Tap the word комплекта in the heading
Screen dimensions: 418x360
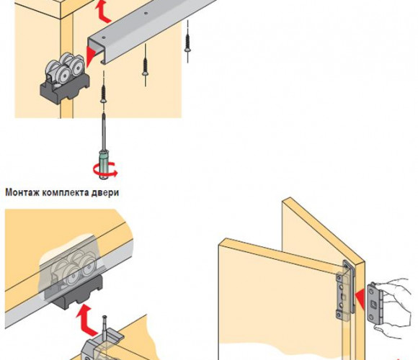point(66,192)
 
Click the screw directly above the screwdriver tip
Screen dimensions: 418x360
point(103,93)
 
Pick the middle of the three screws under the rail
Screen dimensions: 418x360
point(145,66)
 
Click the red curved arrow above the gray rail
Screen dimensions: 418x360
point(103,12)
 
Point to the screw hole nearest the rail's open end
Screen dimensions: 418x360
point(104,38)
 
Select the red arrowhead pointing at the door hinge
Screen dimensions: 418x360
point(360,300)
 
